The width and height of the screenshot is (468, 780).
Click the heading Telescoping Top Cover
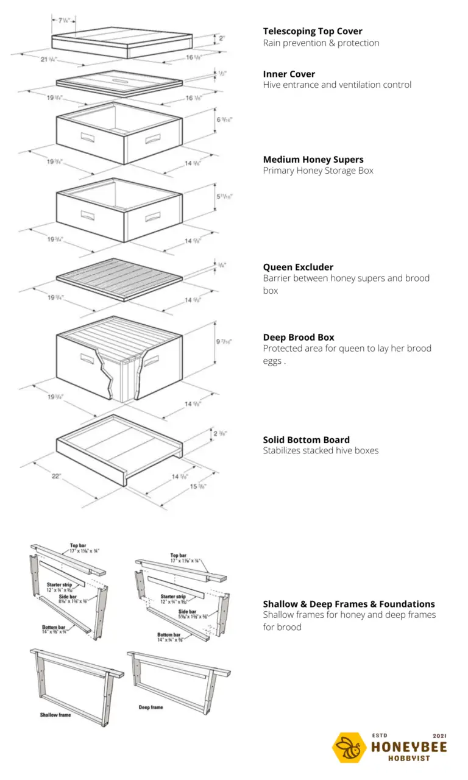point(313,31)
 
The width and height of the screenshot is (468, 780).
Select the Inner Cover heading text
point(289,74)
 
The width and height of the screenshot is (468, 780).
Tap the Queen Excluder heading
point(298,267)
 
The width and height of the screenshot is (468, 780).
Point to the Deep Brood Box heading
point(299,337)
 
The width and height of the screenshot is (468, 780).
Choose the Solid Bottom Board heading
point(306,439)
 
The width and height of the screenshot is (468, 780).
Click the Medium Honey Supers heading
point(313,160)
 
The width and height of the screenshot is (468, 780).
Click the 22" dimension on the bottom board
point(56,477)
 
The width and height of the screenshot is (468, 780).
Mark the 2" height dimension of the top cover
point(222,38)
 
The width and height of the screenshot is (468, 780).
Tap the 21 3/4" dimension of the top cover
point(48,59)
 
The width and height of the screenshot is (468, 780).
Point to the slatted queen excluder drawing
point(119,278)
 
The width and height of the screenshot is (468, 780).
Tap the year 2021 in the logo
point(439,736)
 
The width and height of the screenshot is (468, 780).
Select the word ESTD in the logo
point(379,736)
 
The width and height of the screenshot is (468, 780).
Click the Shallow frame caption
point(55,715)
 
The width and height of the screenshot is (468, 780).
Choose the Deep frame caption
point(151,707)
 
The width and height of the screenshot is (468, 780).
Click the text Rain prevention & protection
point(321,43)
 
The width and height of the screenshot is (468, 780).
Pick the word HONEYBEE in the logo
point(409,747)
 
